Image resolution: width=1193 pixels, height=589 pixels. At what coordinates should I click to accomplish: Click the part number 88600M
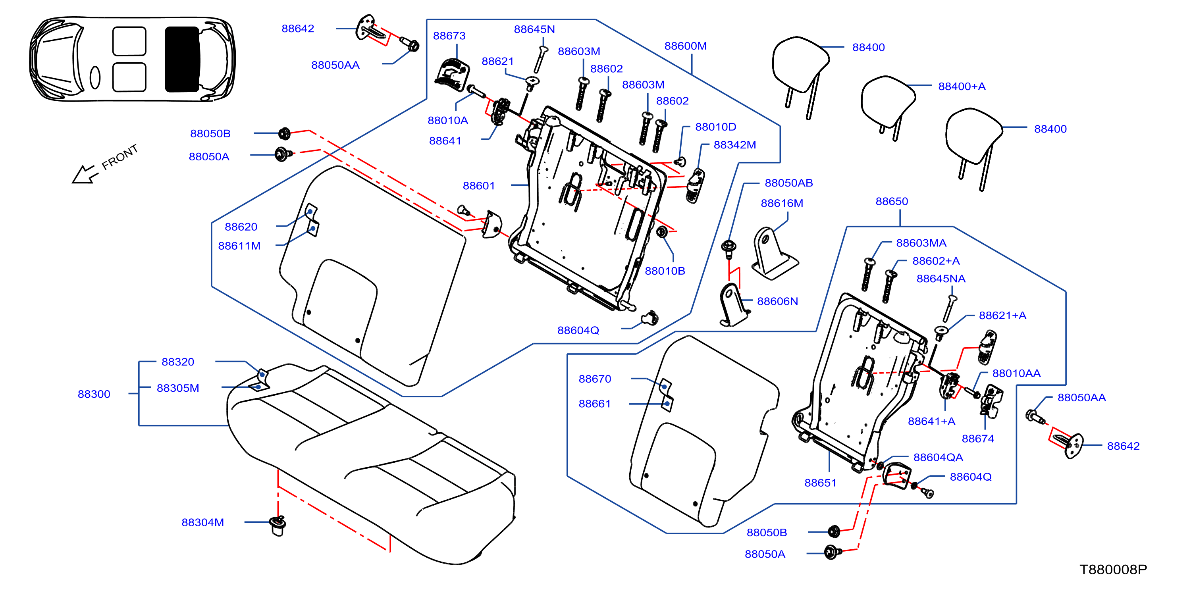[685, 46]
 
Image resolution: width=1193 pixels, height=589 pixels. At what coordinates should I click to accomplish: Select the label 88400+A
[962, 86]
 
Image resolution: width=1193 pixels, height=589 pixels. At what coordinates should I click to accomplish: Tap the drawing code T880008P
[1113, 569]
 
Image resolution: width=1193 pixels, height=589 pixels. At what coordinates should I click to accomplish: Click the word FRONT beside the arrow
[119, 157]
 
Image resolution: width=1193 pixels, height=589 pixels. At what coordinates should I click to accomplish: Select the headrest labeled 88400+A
[887, 107]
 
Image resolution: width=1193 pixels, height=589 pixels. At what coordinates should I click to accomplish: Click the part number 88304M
[202, 522]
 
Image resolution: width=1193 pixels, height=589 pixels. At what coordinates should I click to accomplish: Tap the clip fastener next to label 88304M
[278, 525]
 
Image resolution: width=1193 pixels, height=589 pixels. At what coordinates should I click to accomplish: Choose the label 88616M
[782, 203]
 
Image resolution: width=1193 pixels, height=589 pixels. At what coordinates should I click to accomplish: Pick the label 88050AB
[789, 183]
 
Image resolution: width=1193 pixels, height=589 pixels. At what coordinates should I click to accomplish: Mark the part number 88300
[94, 394]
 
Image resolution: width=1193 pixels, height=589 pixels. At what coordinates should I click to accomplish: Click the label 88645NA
[941, 279]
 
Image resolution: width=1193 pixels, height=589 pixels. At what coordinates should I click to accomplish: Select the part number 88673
[449, 36]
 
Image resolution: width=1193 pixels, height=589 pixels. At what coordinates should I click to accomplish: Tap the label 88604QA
[938, 458]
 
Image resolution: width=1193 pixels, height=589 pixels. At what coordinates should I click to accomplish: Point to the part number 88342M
[734, 145]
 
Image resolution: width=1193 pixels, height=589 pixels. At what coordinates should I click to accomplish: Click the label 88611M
[239, 246]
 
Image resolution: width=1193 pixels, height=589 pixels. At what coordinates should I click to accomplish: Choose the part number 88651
[820, 483]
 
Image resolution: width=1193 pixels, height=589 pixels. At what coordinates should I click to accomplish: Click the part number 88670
[595, 379]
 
